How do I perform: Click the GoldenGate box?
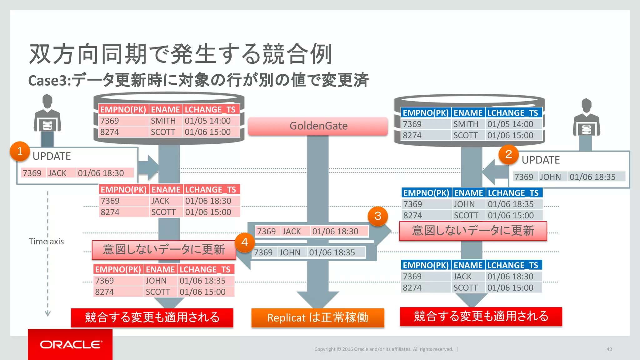(318, 126)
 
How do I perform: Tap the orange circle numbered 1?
(20, 151)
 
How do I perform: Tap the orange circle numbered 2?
(508, 154)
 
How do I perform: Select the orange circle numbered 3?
(377, 216)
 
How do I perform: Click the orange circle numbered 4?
(245, 242)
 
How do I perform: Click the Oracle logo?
(70, 344)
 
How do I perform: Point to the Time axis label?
(46, 242)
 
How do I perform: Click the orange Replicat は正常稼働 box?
(317, 317)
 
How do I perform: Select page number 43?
(609, 349)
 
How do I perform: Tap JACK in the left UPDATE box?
(57, 173)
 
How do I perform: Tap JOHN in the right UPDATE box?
(550, 177)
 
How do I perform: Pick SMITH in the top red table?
(163, 121)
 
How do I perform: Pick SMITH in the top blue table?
(466, 124)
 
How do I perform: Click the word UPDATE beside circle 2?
(541, 160)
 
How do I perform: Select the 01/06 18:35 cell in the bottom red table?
(202, 281)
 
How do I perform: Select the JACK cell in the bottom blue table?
(462, 277)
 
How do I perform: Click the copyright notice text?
(383, 349)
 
